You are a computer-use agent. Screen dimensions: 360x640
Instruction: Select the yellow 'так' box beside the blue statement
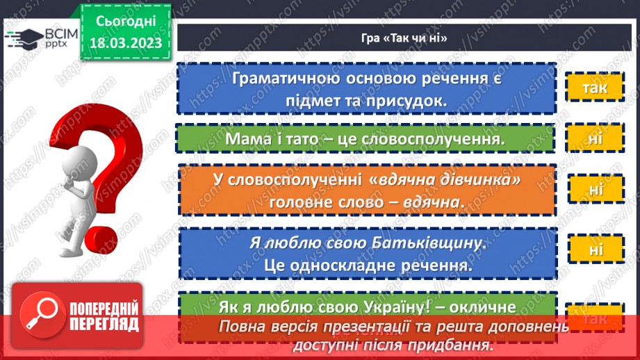[595, 88]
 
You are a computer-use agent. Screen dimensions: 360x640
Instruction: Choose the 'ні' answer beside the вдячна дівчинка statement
[596, 188]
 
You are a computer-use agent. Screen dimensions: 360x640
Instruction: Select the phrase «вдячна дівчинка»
[445, 180]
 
